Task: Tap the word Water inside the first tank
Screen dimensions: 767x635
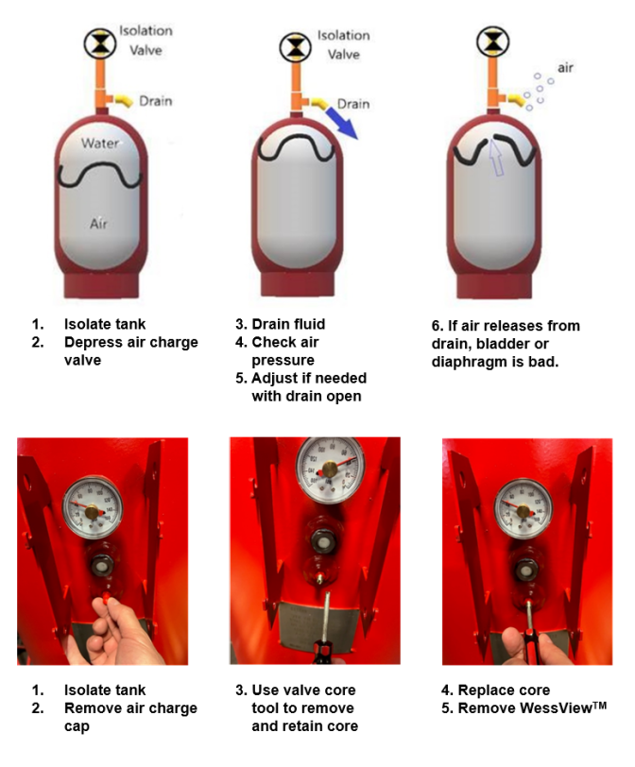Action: (x=98, y=144)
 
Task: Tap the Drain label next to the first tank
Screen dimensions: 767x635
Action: (x=156, y=100)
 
